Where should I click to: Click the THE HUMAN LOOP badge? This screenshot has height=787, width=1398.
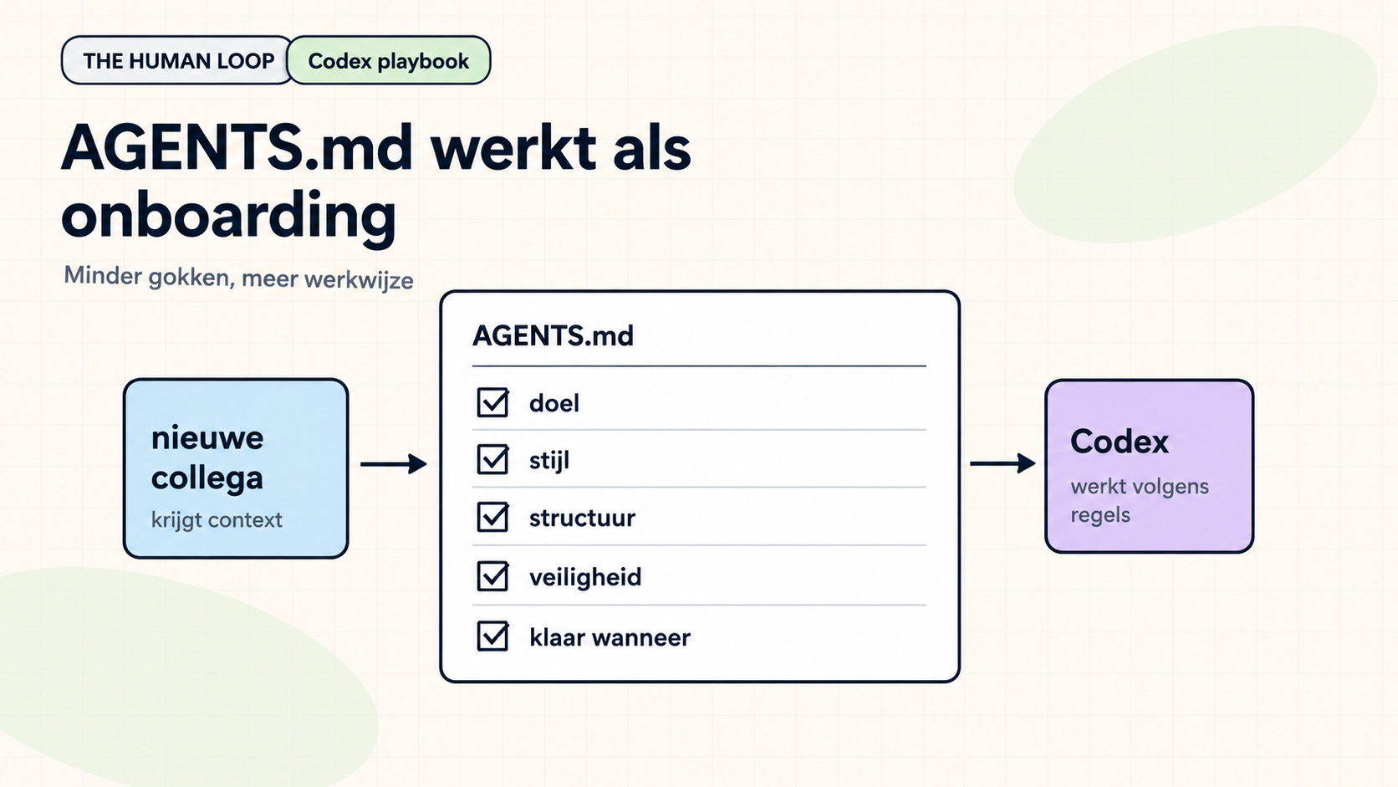pos(177,60)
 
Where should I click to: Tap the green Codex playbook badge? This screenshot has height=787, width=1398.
pos(389,60)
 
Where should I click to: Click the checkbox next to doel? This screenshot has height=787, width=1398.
pos(492,402)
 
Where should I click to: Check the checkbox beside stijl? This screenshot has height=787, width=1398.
pos(492,460)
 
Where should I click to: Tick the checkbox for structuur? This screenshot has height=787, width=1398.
pos(492,518)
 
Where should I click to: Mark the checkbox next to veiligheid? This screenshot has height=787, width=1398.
pos(492,576)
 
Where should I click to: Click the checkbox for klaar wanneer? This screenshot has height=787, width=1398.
pos(492,636)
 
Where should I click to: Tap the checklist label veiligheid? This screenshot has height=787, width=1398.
pos(585,577)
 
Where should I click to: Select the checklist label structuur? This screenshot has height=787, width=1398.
pos(582,518)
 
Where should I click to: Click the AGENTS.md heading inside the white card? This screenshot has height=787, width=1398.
pos(553,335)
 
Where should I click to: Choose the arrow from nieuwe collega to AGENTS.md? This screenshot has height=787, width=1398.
pos(394,463)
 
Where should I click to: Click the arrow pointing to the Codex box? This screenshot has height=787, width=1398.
pos(1003,463)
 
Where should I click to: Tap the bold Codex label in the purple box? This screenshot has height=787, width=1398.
pos(1119,442)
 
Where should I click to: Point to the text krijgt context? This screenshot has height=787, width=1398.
pos(217,520)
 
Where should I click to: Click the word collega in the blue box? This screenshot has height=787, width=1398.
pos(207,478)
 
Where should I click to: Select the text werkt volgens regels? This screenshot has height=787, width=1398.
pos(1140,500)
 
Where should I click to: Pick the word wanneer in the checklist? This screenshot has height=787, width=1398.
pos(641,638)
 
